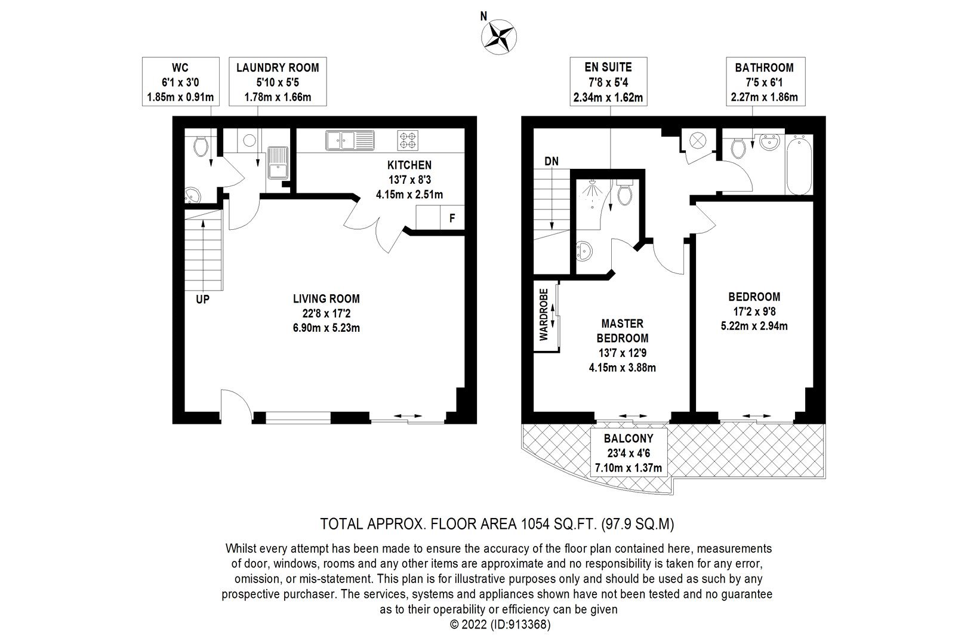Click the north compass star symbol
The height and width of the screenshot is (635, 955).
tap(499, 36)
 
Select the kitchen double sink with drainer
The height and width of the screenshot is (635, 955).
tap(350, 140)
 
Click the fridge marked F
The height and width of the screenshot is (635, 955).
tap(452, 218)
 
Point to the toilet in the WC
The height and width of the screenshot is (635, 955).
tap(201, 146)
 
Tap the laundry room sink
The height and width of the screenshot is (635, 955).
tap(278, 162)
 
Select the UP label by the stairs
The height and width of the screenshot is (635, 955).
tap(202, 299)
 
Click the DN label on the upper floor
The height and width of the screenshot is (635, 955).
tap(552, 161)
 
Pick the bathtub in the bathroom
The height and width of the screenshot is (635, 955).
tap(799, 165)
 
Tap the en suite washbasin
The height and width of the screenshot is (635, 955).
tap(583, 251)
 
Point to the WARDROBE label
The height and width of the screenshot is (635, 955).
tap(544, 315)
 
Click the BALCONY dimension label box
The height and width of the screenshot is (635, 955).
tap(629, 452)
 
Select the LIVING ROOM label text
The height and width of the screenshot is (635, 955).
tap(326, 299)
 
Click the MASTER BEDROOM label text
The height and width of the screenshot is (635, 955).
tap(623, 331)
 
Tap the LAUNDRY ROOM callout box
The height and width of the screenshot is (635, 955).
tap(278, 81)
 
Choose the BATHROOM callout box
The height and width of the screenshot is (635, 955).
tap(765, 81)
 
